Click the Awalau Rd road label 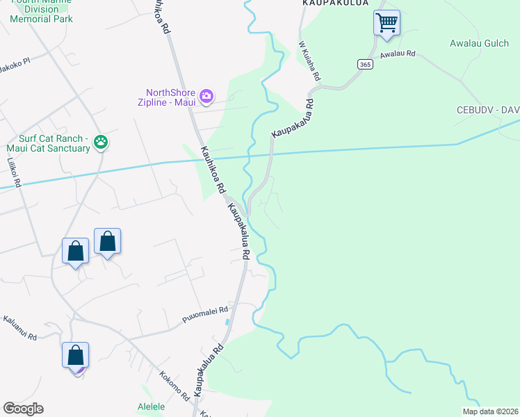pos(398,54)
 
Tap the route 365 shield pos(365,64)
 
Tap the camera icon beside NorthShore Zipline pos(206,95)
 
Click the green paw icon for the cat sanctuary pos(101,142)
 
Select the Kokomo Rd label pos(174,384)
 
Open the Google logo pos(23,409)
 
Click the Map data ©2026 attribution pos(489,411)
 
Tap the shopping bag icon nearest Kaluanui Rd pos(75,355)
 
